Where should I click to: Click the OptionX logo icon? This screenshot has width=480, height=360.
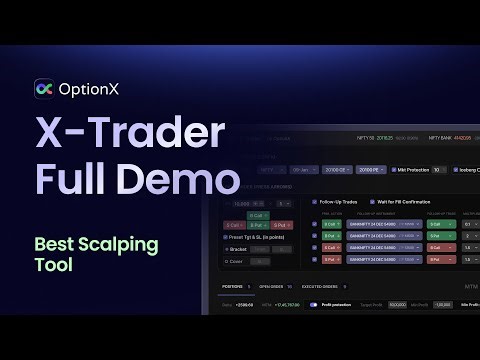coord(44,89)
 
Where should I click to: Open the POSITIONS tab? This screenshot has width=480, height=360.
coord(232,288)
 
